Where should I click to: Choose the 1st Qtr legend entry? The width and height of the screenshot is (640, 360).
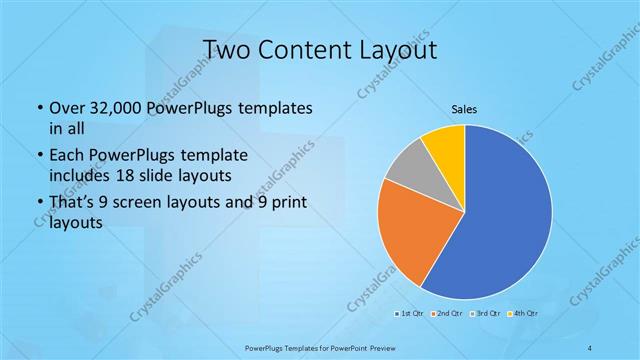(409, 314)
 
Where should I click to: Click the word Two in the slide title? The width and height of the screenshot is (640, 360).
(226, 50)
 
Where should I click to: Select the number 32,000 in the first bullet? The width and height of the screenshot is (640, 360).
(122, 107)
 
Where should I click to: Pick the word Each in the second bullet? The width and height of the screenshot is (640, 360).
(66, 156)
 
